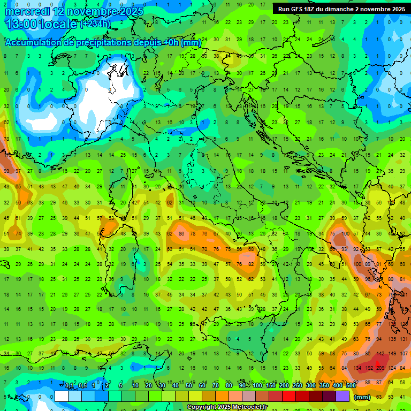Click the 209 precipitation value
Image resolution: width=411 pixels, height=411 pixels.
pyautogui.click(x=380, y=368)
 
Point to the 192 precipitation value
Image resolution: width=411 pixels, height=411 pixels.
pyautogui.click(x=369, y=368)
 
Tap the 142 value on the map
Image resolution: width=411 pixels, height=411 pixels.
pyautogui.click(x=380, y=353)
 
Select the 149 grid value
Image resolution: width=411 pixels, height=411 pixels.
pyautogui.click(x=392, y=353)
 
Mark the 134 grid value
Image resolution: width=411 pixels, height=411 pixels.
pyautogui.click(x=357, y=368)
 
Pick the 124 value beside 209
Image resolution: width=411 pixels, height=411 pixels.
pyautogui.click(x=392, y=368)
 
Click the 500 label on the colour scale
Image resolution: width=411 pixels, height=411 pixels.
pyautogui.click(x=351, y=385)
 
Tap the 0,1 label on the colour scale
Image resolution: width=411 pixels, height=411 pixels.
pyautogui.click(x=70, y=385)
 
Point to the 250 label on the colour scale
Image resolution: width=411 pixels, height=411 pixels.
pyautogui.click(x=298, y=385)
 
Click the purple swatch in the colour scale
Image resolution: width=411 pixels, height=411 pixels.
pyautogui.click(x=342, y=396)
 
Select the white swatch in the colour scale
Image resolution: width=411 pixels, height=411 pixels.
pyautogui.click(x=62, y=396)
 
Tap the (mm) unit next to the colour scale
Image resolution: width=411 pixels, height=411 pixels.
pyautogui.click(x=362, y=397)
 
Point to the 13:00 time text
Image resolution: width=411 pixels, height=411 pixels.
pyautogui.click(x=21, y=24)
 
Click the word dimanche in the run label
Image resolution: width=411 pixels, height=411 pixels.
pyautogui.click(x=335, y=9)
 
